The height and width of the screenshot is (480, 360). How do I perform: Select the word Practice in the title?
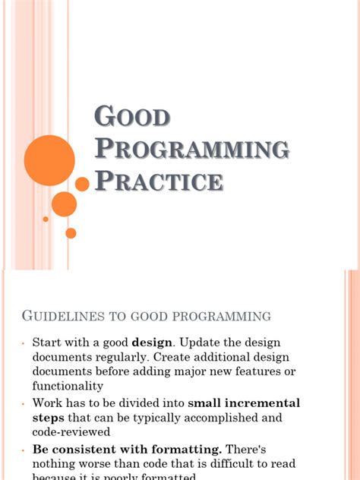[x=159, y=182]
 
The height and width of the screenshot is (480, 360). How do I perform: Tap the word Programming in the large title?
[x=191, y=149]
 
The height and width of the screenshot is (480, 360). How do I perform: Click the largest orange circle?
[x=49, y=160]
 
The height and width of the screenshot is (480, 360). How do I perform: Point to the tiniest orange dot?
[x=46, y=219]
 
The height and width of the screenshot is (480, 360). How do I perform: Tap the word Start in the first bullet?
[x=49, y=342]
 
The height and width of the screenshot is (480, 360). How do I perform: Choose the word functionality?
[x=69, y=386]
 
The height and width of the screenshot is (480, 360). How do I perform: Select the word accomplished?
[x=216, y=417]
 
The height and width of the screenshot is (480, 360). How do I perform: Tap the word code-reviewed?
[x=71, y=431]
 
